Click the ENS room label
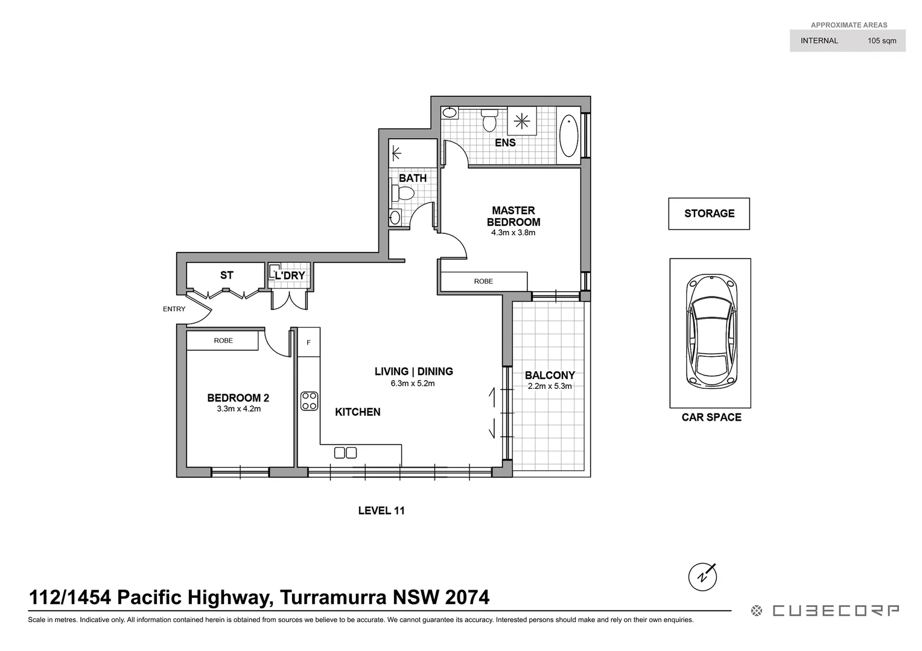505,143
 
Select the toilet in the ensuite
489,120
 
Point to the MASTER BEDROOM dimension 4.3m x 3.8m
513,233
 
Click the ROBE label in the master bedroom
483,281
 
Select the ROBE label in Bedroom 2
223,341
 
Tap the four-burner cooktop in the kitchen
310,401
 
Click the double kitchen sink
345,453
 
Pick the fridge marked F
308,342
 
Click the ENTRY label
174,309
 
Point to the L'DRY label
290,276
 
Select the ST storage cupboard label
226,275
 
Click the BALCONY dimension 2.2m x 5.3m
549,386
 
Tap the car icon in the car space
711,330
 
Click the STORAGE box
709,213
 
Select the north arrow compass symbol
702,577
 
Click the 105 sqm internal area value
882,41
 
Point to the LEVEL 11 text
381,511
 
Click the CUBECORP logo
825,611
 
